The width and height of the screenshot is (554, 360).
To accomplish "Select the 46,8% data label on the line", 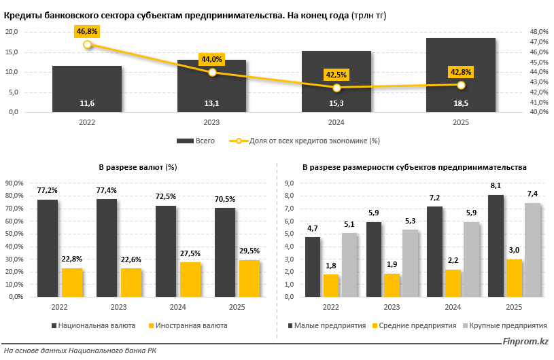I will [87, 31].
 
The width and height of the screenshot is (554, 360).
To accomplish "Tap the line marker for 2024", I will [336, 88].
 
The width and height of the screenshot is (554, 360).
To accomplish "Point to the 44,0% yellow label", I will [211, 60].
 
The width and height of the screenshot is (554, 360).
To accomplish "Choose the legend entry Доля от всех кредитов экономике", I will [313, 141].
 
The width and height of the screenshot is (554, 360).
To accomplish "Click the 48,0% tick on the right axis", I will [538, 32].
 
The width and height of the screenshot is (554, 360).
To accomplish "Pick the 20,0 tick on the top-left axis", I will [12, 32].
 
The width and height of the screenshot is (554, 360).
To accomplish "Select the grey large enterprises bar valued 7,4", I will [532, 250].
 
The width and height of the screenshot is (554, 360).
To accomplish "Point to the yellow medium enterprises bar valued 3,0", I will [514, 278].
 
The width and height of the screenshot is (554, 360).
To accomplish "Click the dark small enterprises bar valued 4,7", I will [313, 267].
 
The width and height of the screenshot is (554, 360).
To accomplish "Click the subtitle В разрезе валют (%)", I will [138, 166].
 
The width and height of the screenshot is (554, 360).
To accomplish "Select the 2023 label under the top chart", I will [211, 122].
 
